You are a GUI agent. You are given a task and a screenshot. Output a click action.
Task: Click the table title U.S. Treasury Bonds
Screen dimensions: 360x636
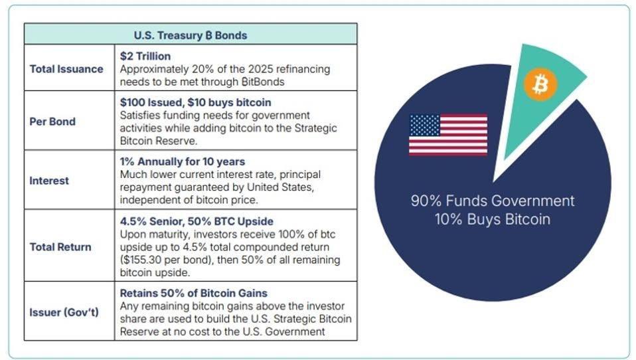[191, 35]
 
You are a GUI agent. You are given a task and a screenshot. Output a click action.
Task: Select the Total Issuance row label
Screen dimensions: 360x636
[66, 69]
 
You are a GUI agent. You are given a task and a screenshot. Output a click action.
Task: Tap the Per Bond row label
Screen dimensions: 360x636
[52, 122]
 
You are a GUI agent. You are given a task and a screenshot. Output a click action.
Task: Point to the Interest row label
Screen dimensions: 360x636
[49, 181]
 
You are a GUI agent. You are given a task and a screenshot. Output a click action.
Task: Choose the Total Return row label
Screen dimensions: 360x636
[60, 247]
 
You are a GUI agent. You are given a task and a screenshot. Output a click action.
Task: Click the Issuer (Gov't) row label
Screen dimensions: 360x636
[64, 312]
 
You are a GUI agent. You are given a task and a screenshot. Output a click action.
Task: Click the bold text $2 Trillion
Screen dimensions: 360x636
[145, 56]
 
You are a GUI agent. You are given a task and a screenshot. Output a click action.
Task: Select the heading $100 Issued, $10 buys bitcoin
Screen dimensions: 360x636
[195, 102]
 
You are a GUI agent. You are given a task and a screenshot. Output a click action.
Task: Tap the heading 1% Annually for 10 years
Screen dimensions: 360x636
[183, 161]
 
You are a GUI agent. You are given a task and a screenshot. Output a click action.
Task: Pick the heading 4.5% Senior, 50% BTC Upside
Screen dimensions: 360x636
[197, 221]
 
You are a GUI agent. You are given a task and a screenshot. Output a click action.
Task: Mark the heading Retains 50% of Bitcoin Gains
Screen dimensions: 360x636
[194, 293]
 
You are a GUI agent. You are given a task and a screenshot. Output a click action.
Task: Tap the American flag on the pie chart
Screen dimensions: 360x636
[448, 135]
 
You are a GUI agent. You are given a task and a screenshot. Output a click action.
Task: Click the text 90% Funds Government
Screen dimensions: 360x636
[493, 201]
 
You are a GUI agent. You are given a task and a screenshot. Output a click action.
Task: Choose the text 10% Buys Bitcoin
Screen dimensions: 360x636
[493, 219]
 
